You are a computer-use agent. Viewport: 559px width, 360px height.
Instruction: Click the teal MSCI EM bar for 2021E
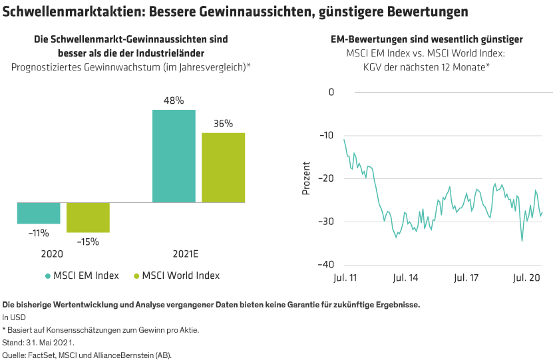174,156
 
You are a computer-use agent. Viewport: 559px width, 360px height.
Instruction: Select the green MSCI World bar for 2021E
224,167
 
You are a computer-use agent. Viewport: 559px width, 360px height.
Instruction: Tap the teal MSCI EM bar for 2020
39,214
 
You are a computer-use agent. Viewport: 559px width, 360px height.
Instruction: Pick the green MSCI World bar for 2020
88,218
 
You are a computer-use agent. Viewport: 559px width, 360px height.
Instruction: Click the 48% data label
174,100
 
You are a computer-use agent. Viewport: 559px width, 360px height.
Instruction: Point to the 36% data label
224,123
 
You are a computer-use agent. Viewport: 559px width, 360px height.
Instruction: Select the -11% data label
39,233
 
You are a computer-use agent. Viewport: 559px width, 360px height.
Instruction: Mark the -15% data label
88,242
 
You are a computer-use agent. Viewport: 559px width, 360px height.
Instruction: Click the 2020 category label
52,254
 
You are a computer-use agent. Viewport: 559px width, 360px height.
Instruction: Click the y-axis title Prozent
307,178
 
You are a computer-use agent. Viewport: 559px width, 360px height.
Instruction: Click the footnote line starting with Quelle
87,355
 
